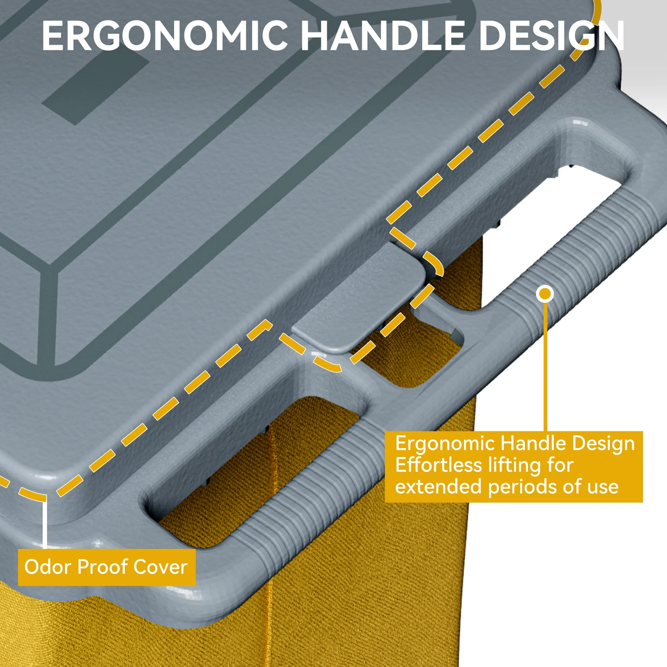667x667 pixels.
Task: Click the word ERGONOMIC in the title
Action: click(x=165, y=36)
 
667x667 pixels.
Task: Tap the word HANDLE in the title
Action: click(x=383, y=36)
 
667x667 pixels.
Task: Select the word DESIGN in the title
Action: click(x=551, y=36)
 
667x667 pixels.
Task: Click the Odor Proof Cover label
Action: click(x=107, y=567)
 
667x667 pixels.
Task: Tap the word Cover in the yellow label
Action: click(x=160, y=567)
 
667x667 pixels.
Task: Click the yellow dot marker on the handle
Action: click(x=545, y=294)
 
